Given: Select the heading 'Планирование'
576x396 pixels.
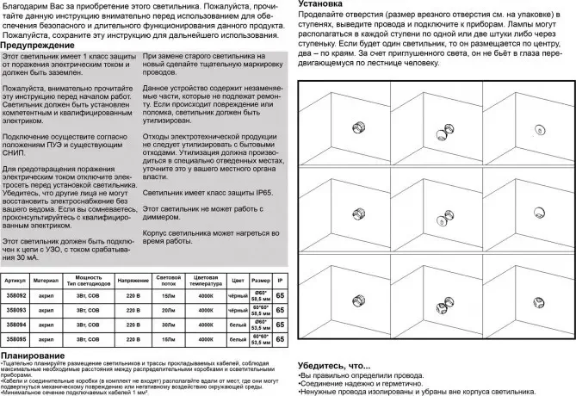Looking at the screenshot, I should click(34, 355).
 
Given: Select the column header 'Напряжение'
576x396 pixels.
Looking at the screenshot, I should click(127, 281).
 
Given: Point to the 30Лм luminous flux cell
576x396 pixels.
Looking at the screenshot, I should click(167, 325).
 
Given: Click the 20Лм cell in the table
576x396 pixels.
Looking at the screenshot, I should click(167, 309).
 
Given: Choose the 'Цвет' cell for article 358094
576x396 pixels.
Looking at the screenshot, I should click(239, 325).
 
